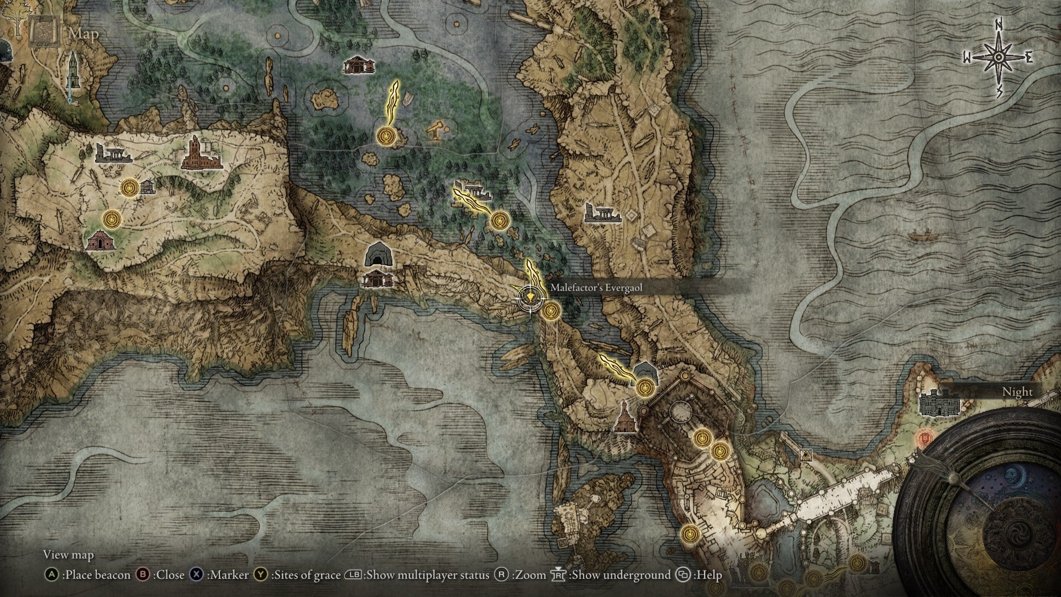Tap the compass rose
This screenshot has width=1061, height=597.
pos(999,57)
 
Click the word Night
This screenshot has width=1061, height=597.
pos(1017,391)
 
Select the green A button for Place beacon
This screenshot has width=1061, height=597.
pos(51,575)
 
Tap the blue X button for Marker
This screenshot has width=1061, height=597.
pos(196,575)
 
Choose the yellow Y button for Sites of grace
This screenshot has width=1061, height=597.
pos(260,575)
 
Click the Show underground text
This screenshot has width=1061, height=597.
pos(621,575)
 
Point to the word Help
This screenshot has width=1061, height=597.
pos(709,575)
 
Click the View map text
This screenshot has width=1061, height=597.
pos(69,554)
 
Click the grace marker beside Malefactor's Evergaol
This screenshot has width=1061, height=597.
pos(550,311)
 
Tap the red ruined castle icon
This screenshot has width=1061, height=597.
pos(201,154)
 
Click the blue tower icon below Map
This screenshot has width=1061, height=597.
pos(71,78)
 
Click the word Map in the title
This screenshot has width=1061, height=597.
pos(84,34)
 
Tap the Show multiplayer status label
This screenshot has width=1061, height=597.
pos(428,575)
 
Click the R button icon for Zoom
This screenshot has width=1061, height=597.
pos(501,575)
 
